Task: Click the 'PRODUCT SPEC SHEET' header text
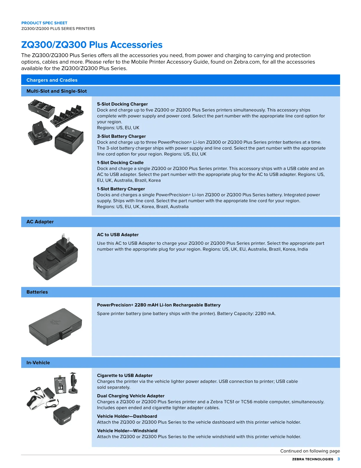[44, 23]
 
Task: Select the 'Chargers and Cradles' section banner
[180, 80]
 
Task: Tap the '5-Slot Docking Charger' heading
[122, 104]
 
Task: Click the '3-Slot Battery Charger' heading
[121, 136]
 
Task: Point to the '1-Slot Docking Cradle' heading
[120, 162]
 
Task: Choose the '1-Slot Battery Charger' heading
[121, 189]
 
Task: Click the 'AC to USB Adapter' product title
[118, 235]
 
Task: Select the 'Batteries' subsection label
[37, 292]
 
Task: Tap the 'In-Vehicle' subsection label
[38, 363]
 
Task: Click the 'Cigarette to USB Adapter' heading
[125, 376]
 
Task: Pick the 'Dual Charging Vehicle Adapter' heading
[131, 396]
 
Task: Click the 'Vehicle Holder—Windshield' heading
[127, 430]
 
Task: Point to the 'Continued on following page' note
[310, 451]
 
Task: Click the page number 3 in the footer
[338, 459]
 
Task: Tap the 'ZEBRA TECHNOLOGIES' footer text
[312, 459]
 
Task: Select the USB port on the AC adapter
[39, 269]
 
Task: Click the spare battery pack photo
[55, 326]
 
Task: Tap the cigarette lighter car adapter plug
[67, 415]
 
